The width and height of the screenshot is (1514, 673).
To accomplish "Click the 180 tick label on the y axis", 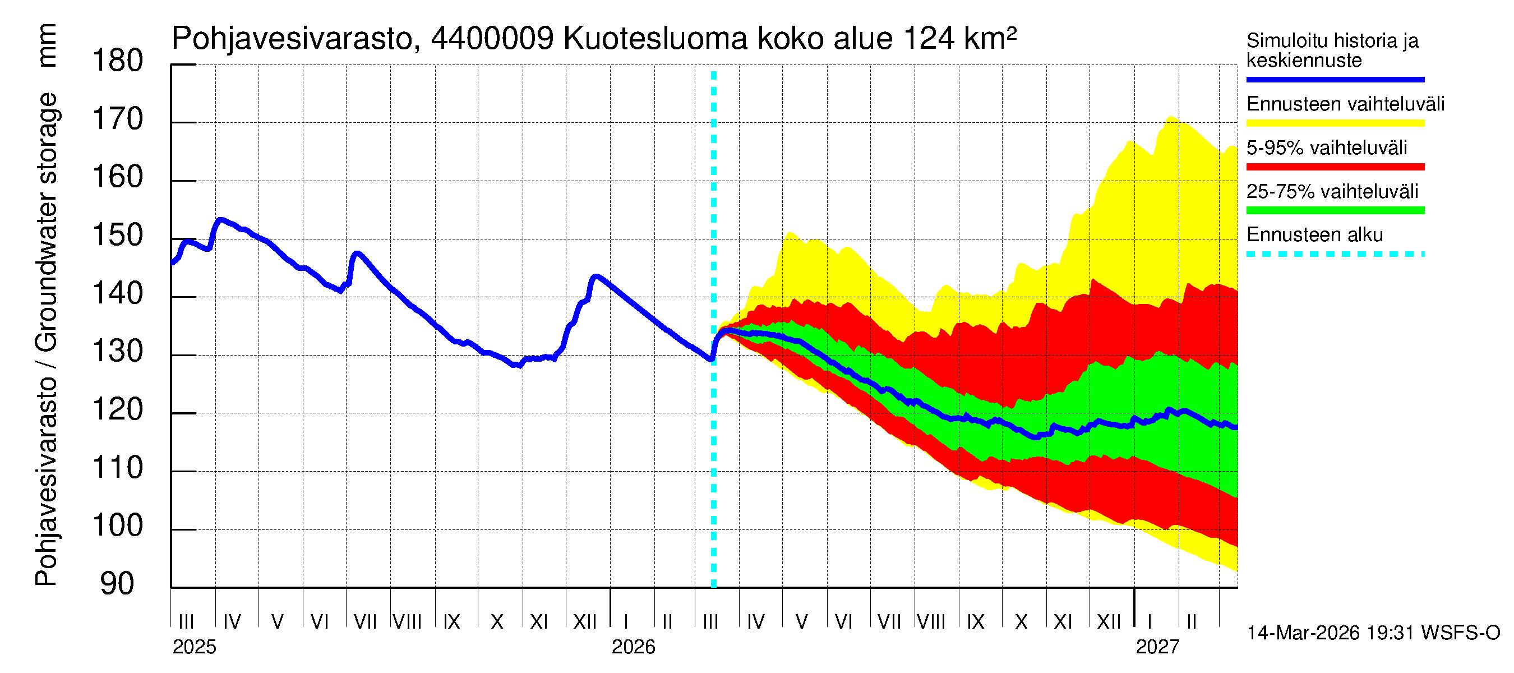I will click(x=118, y=61).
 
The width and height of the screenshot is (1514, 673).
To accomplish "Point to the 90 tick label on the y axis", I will click(x=118, y=584).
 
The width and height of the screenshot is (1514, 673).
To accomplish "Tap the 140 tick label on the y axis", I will click(x=118, y=293).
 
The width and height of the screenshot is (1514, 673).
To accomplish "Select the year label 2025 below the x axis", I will click(x=194, y=647).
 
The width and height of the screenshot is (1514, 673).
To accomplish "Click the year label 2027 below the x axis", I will click(x=1157, y=647).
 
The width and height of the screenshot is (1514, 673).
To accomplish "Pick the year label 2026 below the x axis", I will click(x=633, y=647).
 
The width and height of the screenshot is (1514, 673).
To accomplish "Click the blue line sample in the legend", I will click(x=1335, y=79).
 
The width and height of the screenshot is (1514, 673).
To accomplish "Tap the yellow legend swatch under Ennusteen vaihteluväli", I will click(x=1335, y=123).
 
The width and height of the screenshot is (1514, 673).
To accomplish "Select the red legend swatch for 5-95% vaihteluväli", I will click(x=1335, y=167).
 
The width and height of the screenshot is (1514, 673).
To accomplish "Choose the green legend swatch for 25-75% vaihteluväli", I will click(x=1335, y=210).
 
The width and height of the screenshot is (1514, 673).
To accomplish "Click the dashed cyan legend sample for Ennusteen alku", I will click(x=1335, y=255).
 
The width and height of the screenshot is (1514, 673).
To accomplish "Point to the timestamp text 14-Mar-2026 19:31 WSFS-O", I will click(x=1373, y=633).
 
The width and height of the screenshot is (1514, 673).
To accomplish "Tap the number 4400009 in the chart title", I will click(x=492, y=39).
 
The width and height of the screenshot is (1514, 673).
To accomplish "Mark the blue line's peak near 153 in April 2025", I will click(x=220, y=220).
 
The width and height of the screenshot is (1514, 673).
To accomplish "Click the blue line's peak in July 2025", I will click(x=357, y=253).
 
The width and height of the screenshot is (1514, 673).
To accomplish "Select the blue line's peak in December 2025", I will click(x=596, y=276).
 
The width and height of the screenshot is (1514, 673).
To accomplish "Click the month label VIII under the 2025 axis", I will click(x=407, y=621).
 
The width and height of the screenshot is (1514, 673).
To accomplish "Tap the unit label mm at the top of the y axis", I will click(x=47, y=45).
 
